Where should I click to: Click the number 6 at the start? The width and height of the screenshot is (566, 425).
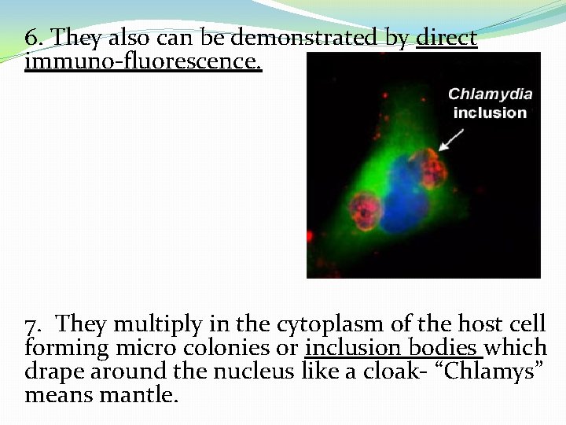[31, 38]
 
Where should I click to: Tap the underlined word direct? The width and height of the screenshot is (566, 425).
[447, 38]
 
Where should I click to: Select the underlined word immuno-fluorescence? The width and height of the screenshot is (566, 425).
[143, 60]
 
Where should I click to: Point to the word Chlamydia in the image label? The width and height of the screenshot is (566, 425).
[490, 94]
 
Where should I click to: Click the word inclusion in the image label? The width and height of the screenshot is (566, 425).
[490, 113]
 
